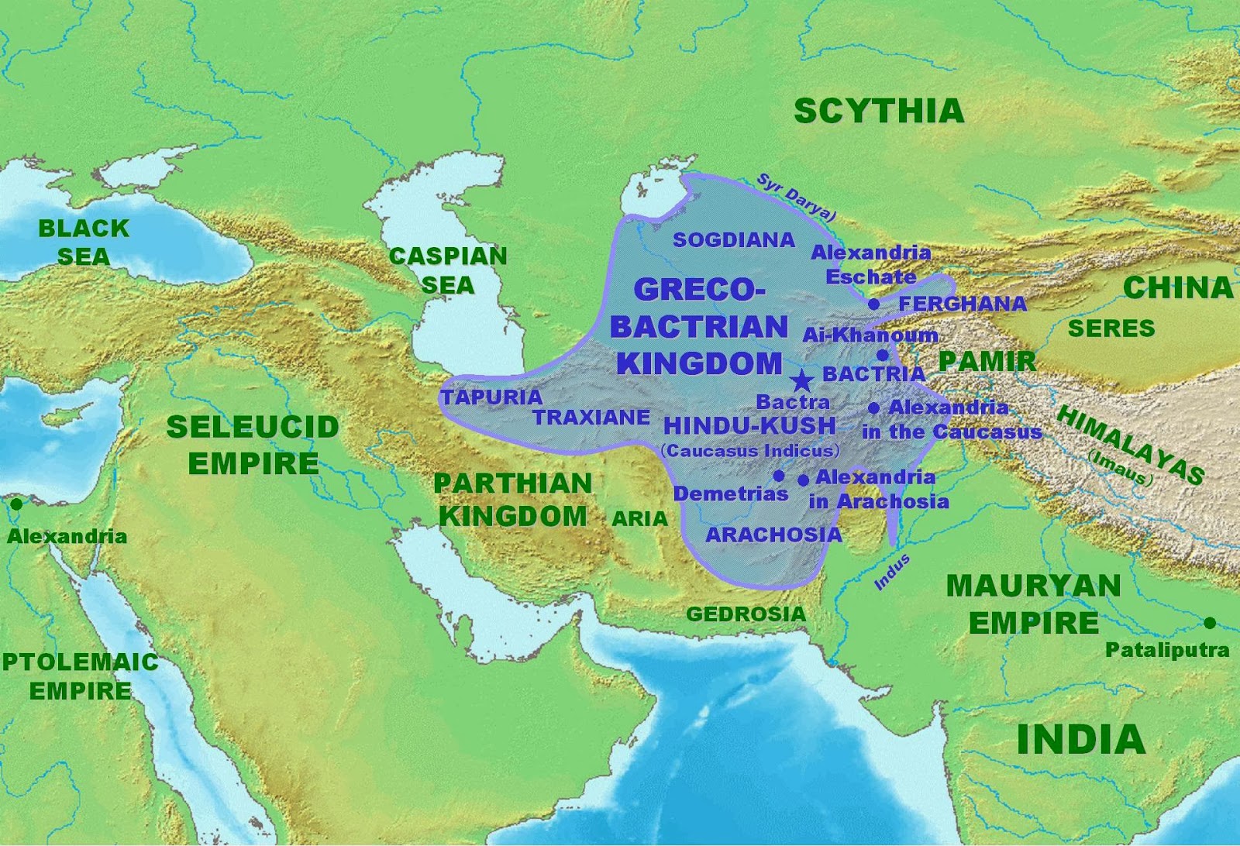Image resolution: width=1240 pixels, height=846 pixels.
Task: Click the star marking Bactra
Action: tap(802, 380)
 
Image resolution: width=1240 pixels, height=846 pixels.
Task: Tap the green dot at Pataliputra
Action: tap(1210, 623)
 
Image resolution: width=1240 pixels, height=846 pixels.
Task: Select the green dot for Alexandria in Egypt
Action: tap(15, 504)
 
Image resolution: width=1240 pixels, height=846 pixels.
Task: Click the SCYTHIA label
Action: tap(879, 112)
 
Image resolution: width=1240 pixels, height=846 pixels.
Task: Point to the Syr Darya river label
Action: tap(797, 198)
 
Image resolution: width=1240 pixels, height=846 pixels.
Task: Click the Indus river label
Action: tap(892, 572)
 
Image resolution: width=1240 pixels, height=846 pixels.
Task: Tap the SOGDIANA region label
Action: tap(734, 240)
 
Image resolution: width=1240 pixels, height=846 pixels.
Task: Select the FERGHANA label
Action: tap(962, 304)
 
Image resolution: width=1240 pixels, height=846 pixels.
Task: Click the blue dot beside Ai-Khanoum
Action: tap(882, 356)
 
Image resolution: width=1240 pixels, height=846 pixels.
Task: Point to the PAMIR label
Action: tap(987, 361)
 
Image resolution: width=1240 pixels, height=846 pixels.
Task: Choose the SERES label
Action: tap(1111, 328)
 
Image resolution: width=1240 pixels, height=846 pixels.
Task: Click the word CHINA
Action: tap(1177, 287)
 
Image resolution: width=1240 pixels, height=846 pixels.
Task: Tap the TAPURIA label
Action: tap(491, 397)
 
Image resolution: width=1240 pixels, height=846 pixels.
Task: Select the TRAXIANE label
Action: tap(591, 418)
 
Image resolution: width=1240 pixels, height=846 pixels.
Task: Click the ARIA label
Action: tap(639, 518)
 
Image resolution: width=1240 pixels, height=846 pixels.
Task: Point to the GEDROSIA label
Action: tap(746, 614)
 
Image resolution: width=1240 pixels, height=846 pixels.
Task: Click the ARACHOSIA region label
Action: tap(773, 535)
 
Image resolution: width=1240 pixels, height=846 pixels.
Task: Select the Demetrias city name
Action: tap(730, 494)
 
